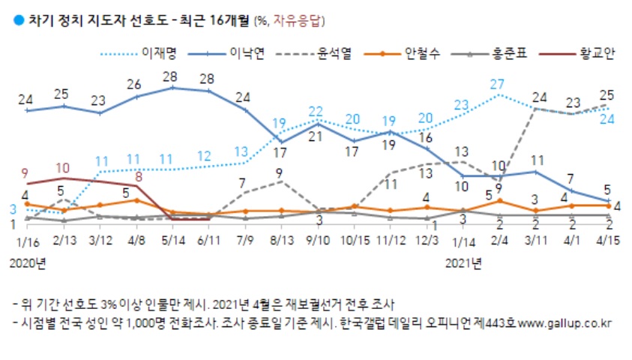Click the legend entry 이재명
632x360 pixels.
click(x=157, y=53)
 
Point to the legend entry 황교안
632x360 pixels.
click(x=598, y=53)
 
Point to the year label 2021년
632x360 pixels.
click(x=463, y=262)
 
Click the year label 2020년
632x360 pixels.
click(x=27, y=262)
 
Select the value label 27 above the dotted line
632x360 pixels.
click(x=498, y=83)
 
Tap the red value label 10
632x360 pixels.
click(x=63, y=167)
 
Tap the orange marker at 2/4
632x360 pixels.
click(x=499, y=201)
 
